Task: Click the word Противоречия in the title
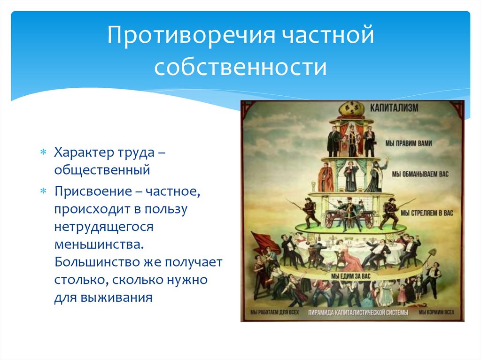tap(191, 35)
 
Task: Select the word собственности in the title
tap(240, 67)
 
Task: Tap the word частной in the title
tap(327, 35)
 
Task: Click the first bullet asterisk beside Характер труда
tap(43, 152)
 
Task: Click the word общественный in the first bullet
tap(102, 169)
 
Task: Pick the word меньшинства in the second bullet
tap(99, 245)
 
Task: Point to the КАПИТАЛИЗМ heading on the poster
tap(394, 108)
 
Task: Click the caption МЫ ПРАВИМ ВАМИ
tap(409, 143)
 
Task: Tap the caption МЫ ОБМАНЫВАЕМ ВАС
tap(420, 174)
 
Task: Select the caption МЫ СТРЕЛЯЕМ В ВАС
tap(427, 213)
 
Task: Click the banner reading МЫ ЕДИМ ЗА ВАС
tap(350, 276)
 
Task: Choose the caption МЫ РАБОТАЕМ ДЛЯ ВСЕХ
tap(274, 312)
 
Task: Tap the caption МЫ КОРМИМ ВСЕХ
tap(436, 312)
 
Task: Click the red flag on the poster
tap(264, 242)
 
